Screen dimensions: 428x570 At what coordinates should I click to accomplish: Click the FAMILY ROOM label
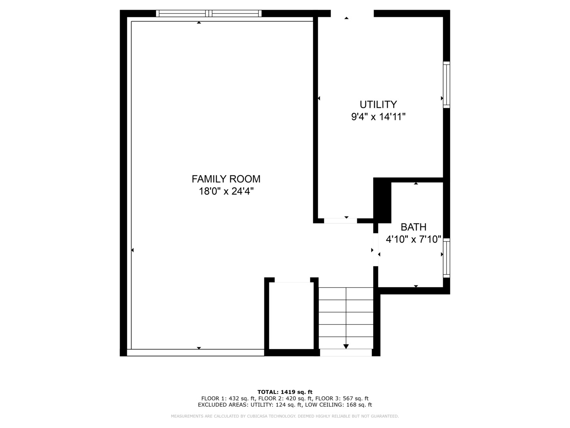pyautogui.click(x=226, y=179)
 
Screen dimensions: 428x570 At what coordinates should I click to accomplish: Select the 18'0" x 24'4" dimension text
pyautogui.click(x=226, y=192)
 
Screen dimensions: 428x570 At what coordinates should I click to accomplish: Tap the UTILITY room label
pyautogui.click(x=378, y=105)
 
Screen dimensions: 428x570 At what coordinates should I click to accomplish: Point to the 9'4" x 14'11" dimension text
pyautogui.click(x=378, y=117)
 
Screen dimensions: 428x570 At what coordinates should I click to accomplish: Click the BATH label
pyautogui.click(x=414, y=227)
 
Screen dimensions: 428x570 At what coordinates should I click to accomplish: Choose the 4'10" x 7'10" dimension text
pyautogui.click(x=414, y=239)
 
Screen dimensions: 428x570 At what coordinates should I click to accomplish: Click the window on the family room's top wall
pyautogui.click(x=209, y=13)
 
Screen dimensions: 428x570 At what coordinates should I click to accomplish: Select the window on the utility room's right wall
pyautogui.click(x=446, y=85)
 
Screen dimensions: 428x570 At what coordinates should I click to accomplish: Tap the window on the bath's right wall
pyautogui.click(x=446, y=258)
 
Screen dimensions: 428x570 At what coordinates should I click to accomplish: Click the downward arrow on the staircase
pyautogui.click(x=346, y=346)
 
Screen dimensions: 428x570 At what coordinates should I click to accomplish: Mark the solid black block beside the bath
pyautogui.click(x=382, y=200)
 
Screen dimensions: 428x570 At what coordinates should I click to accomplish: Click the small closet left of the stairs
pyautogui.click(x=292, y=315)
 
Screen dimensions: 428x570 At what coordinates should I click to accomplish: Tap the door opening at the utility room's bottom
pyautogui.click(x=340, y=221)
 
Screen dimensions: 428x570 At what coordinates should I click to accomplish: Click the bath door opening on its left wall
pyautogui.click(x=376, y=249)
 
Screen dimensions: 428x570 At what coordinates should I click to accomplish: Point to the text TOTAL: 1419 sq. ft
pyautogui.click(x=285, y=392)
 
